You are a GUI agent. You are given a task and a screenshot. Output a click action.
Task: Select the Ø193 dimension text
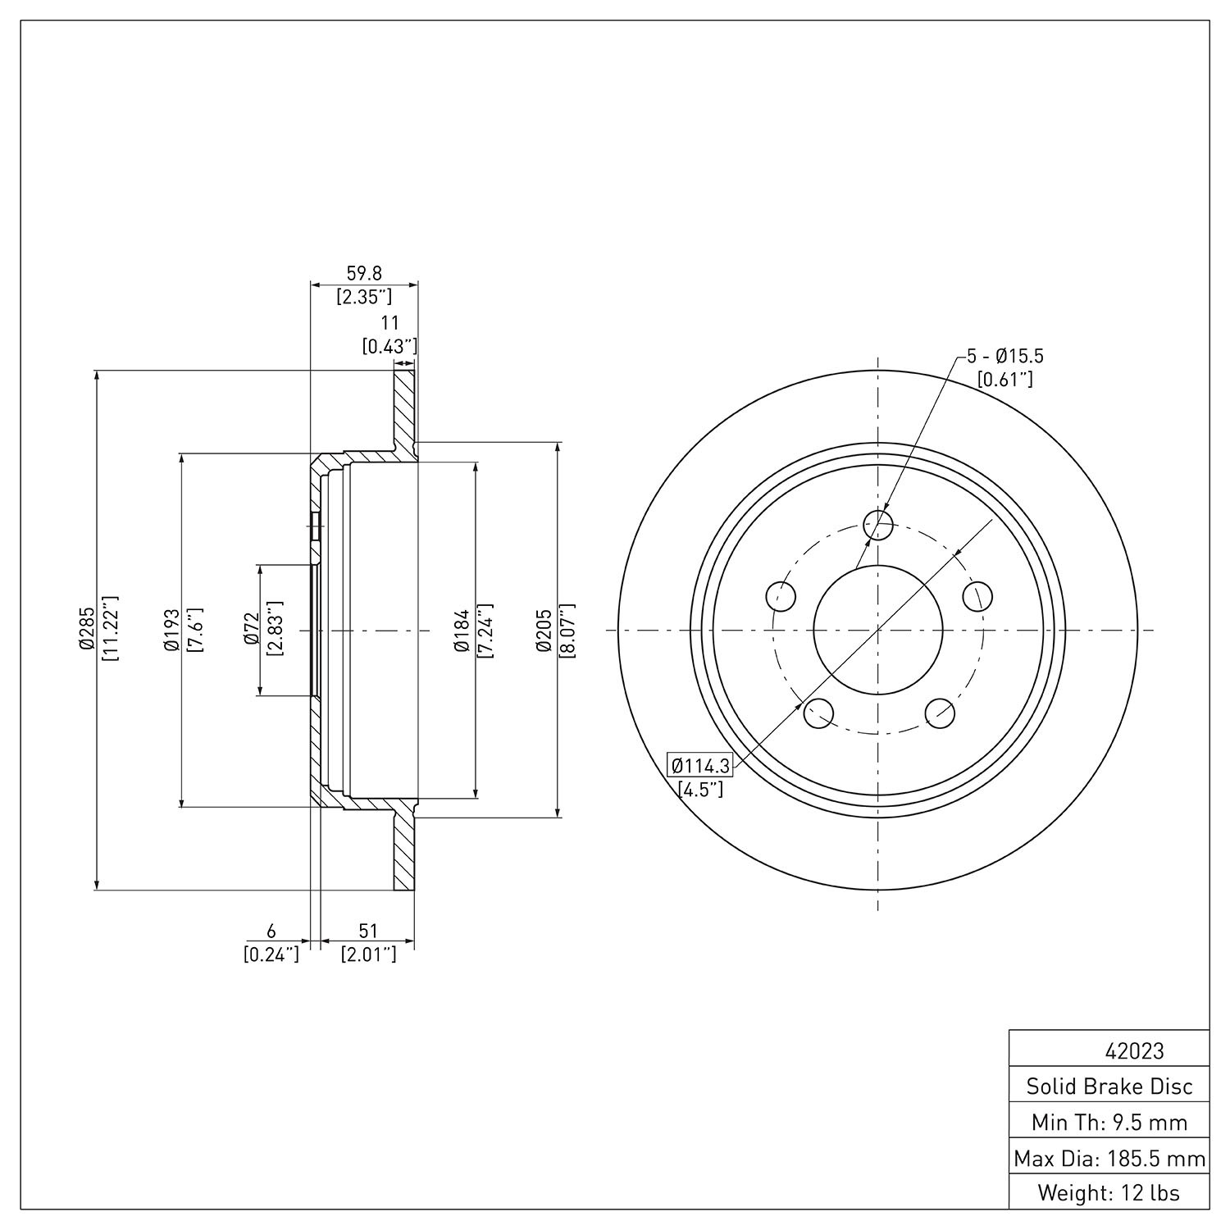pos(171,630)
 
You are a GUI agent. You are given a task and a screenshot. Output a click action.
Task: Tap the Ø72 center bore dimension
pos(251,630)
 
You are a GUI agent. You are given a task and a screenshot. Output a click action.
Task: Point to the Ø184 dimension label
pos(461,630)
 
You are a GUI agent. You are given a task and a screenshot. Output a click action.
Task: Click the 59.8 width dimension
pos(364,273)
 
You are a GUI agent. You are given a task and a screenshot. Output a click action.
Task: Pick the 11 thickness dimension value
pos(389,323)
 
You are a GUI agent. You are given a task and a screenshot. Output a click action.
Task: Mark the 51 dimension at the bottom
pos(368,931)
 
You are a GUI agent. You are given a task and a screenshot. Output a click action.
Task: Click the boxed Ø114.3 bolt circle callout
pos(700,766)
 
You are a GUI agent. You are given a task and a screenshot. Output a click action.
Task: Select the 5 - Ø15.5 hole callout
pos(1005,357)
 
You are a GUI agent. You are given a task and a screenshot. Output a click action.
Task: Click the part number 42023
pos(1135,1050)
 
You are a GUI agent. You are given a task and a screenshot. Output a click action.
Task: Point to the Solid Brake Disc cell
pos(1109,1086)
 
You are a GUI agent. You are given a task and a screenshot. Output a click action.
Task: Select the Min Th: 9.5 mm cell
pos(1109,1122)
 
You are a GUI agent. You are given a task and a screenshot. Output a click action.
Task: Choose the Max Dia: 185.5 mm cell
pos(1109,1158)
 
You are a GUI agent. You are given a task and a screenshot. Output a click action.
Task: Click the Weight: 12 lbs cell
pos(1109,1192)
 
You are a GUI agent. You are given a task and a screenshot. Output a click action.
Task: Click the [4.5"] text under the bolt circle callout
pos(700,790)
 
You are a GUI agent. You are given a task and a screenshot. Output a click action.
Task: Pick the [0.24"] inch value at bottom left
pos(271,954)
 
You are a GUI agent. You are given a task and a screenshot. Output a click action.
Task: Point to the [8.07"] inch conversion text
pos(567,630)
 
